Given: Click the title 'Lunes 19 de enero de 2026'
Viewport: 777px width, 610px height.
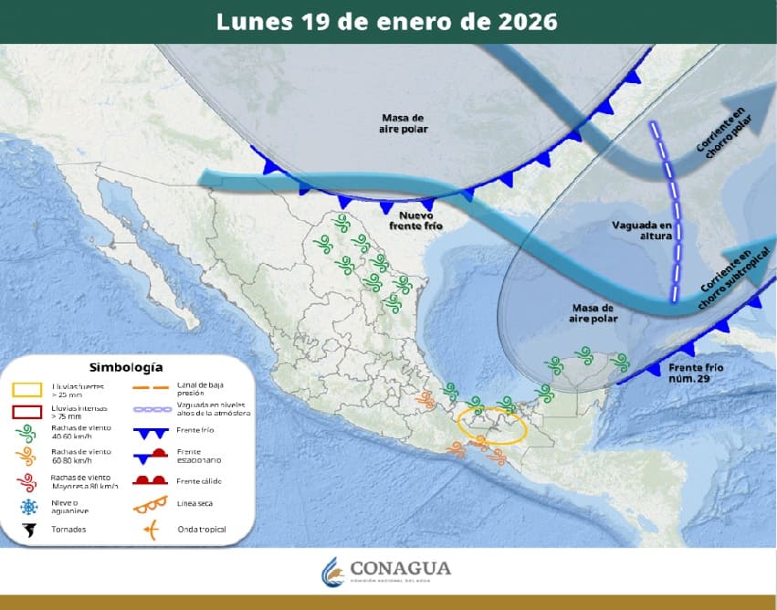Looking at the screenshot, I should [387, 21].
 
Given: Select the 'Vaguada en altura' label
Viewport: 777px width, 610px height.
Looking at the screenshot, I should [641, 230].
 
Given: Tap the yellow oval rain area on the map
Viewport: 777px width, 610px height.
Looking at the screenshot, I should [491, 426].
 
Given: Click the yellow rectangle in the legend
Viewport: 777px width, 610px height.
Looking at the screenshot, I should [29, 391].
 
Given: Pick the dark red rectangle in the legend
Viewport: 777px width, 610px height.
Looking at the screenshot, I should [29, 412].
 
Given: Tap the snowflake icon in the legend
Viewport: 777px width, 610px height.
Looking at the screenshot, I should [28, 508].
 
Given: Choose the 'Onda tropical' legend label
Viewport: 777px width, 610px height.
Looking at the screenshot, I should [202, 529].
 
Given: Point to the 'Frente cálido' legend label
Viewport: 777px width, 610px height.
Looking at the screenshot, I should [199, 481].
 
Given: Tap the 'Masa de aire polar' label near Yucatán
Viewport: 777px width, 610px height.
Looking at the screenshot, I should [593, 313].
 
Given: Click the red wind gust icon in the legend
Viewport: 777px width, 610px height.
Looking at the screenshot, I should [28, 482].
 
